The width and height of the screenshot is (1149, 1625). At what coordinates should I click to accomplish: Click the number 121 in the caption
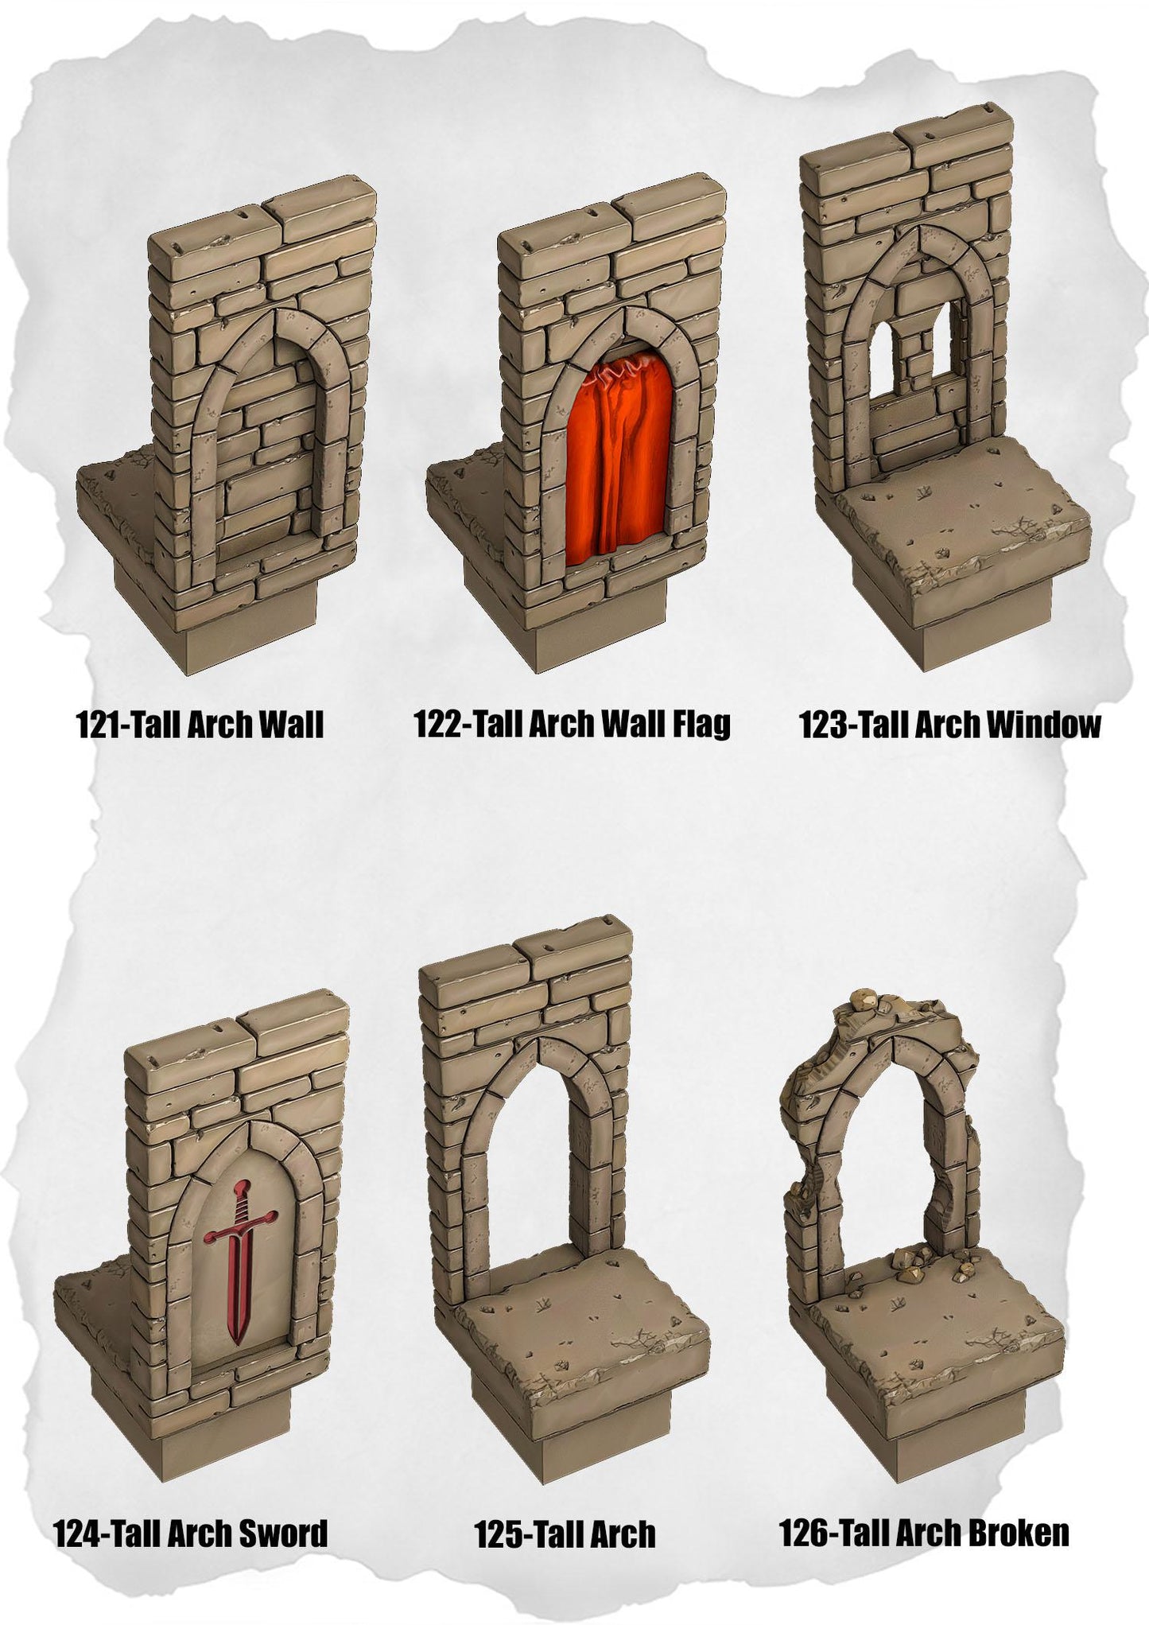click(x=98, y=725)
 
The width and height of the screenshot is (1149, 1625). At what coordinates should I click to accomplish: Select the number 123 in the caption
click(x=825, y=725)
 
